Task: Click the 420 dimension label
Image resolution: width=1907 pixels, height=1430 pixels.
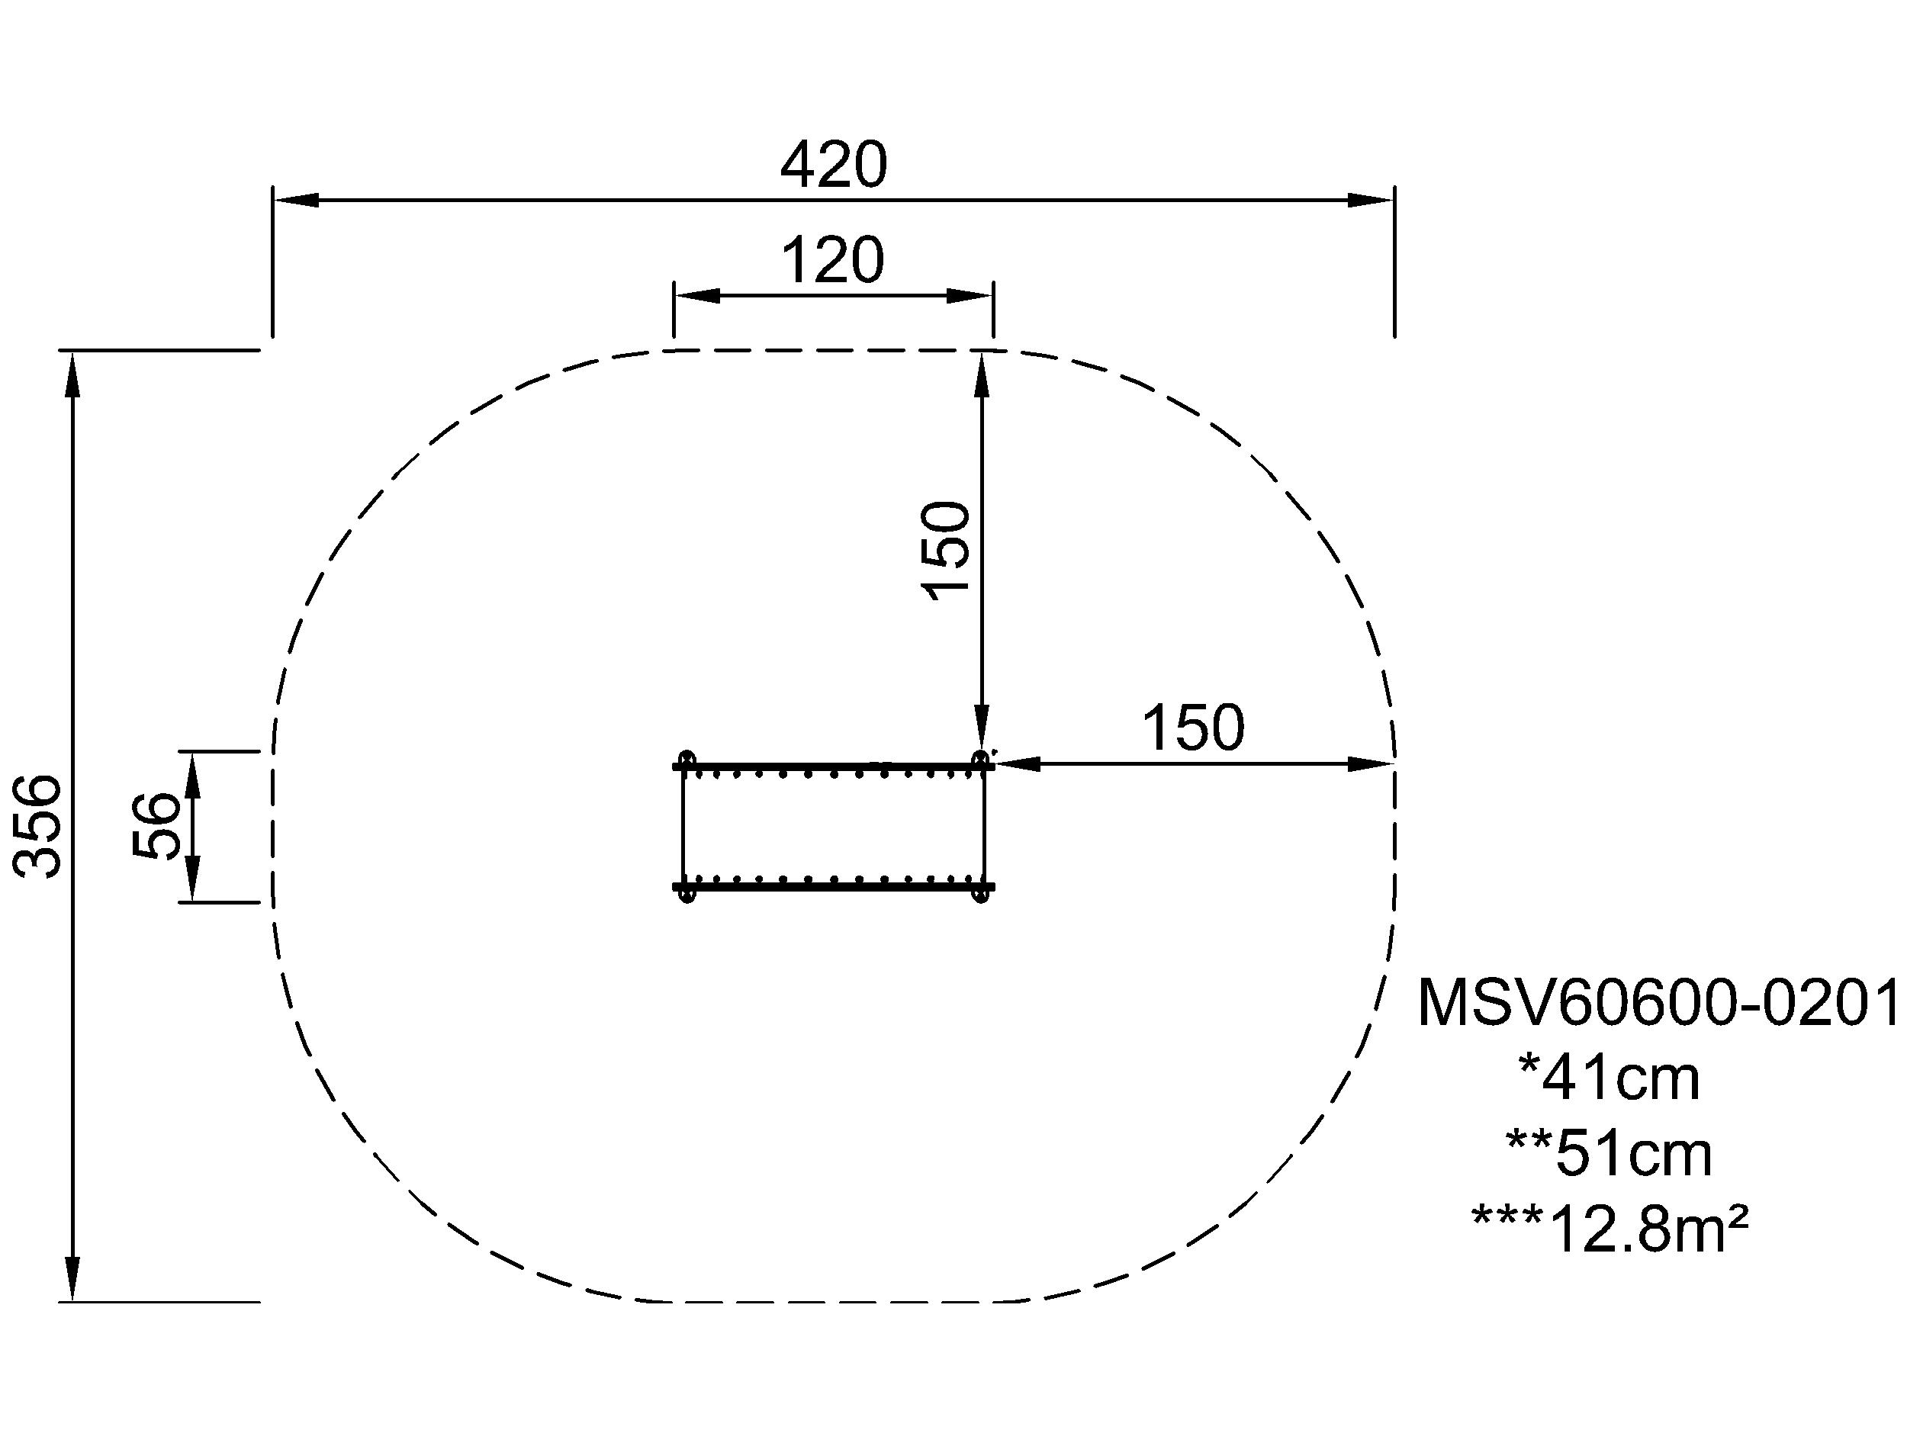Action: pos(833,165)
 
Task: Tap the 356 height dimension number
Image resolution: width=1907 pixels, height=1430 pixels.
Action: pos(40,826)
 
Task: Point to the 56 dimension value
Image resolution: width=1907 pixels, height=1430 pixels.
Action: pos(157,825)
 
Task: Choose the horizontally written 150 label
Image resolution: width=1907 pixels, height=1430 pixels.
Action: pos(1193,728)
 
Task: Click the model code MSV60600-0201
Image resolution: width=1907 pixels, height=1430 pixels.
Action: pos(1656,1002)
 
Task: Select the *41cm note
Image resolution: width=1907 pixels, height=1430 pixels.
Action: pos(1609,1078)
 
